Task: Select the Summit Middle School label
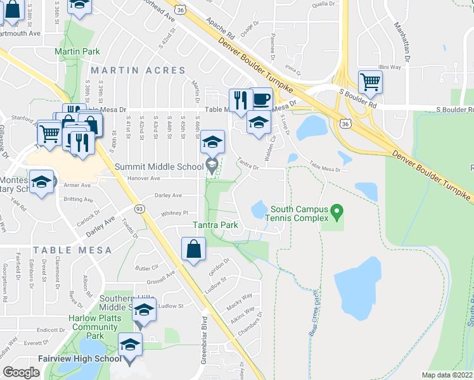point(159,167)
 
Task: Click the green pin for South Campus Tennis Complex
point(337,209)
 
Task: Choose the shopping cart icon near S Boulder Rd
point(370,82)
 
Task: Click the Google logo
point(22,372)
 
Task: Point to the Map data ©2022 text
point(447,375)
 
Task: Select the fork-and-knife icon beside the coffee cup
point(240,101)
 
